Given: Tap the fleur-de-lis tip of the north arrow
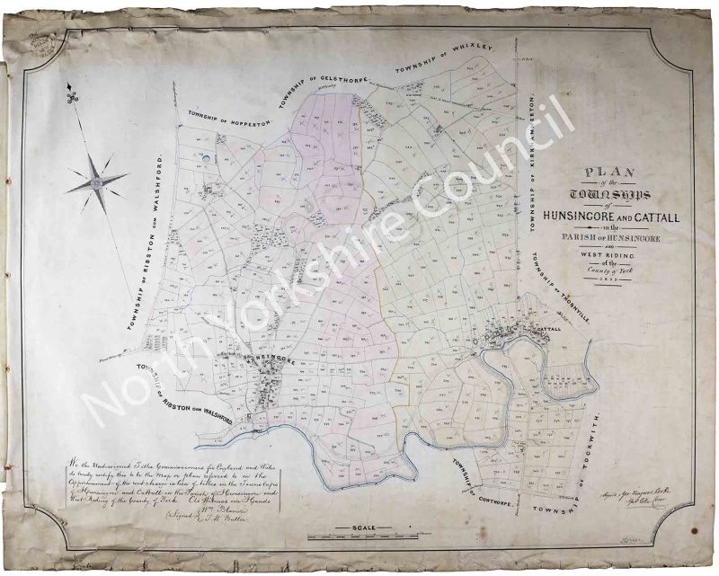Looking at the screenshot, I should tap(69, 93).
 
